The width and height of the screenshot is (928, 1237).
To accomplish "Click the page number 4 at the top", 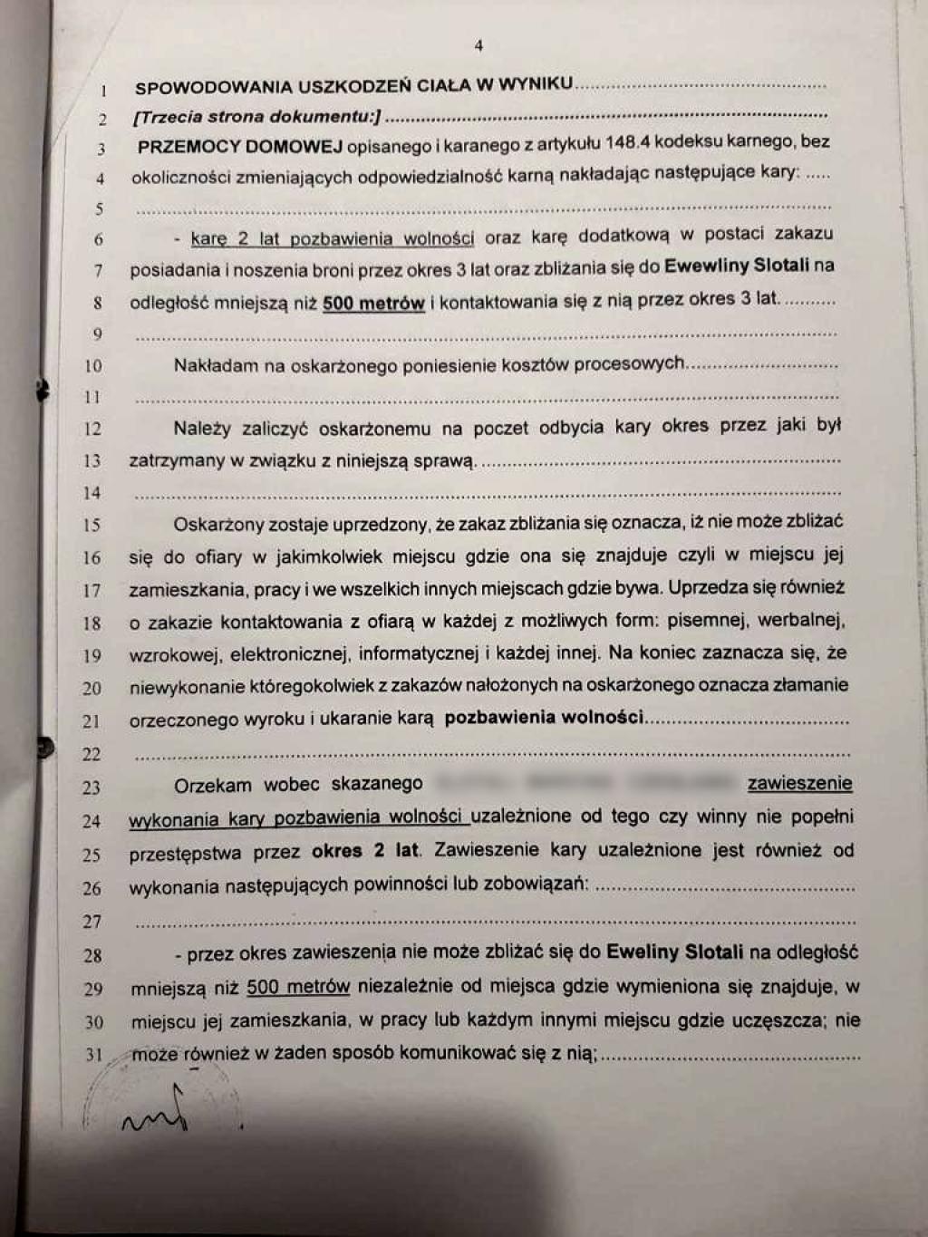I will click(x=478, y=45).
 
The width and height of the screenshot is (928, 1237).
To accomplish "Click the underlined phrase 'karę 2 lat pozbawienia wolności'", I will click(x=333, y=239).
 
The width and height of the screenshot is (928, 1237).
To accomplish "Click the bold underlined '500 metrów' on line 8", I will click(x=373, y=303).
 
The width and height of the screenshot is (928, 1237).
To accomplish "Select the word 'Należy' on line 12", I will click(x=204, y=428).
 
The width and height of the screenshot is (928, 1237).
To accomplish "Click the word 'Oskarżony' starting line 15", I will click(x=217, y=524).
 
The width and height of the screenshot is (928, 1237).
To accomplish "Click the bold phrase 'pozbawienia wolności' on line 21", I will click(x=544, y=718).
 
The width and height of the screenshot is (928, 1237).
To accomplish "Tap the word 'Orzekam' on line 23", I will click(x=213, y=784).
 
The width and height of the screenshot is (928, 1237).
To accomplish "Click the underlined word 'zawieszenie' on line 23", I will click(x=799, y=783).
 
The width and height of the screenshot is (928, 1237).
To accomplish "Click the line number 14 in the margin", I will click(x=92, y=493).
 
